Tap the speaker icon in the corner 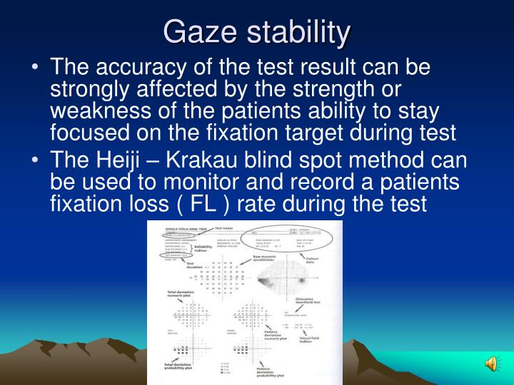[x=493, y=364]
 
